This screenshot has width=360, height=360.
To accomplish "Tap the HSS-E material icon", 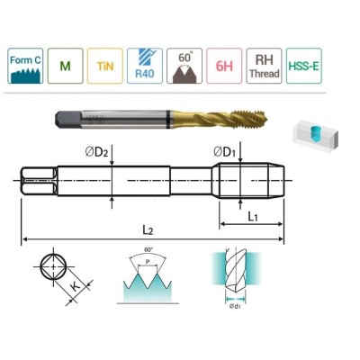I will [x=303, y=66].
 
